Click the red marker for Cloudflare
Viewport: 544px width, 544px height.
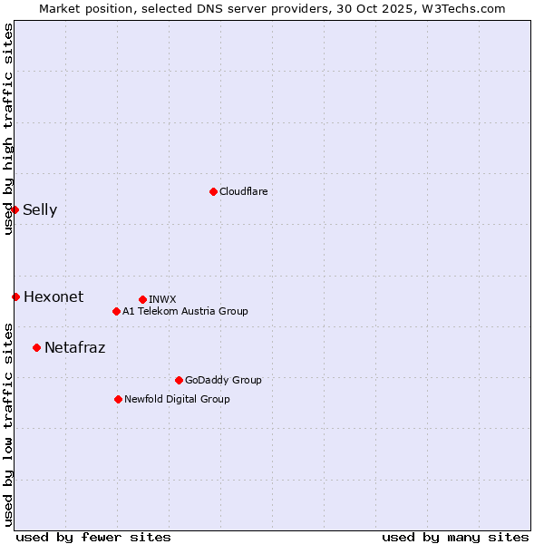coord(213,191)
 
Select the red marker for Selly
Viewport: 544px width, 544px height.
coord(15,209)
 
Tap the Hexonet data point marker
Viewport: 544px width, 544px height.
coord(15,296)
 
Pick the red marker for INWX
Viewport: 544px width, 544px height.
coord(142,299)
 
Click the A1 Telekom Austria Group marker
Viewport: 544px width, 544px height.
coord(116,311)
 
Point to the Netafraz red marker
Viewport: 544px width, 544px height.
coord(36,347)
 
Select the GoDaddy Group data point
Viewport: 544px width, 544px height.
coord(179,380)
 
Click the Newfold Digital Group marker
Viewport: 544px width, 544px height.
coord(118,399)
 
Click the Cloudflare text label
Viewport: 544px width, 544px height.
coord(243,191)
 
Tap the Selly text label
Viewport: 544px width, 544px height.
coord(40,210)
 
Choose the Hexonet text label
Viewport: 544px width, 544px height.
coord(53,296)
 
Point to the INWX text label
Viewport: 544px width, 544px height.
coord(162,299)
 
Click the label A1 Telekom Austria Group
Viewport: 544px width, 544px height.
coord(185,311)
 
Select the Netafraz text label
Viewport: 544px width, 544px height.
coord(74,347)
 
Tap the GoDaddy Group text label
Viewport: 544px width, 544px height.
coord(223,380)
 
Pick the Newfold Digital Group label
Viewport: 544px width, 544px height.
coord(177,399)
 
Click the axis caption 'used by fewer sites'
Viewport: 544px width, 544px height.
coord(93,537)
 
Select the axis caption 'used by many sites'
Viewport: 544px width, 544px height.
coord(455,537)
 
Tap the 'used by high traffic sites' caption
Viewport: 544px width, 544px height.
coord(8,129)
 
